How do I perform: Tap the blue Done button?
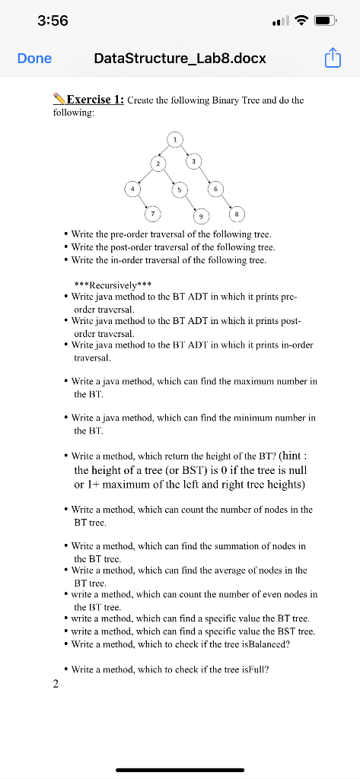click(34, 59)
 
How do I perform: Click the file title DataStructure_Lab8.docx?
click(180, 59)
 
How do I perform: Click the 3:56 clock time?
click(53, 21)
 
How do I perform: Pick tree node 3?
click(195, 162)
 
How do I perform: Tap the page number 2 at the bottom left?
click(55, 684)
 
